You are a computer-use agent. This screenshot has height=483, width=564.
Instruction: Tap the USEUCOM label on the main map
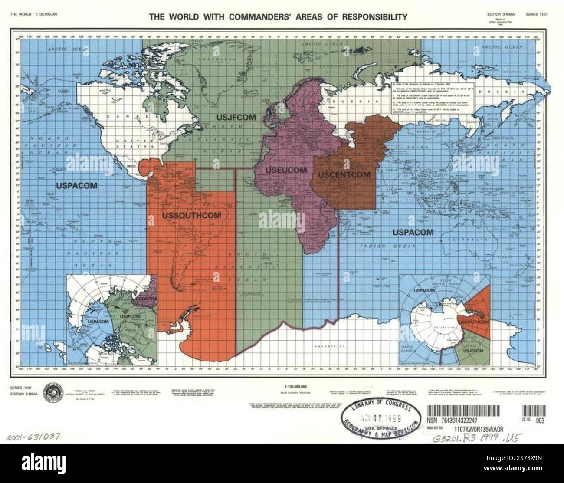coord(280,170)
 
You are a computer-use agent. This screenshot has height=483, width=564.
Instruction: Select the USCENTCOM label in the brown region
coord(344,175)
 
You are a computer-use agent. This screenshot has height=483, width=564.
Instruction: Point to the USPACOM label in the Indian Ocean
coord(413,232)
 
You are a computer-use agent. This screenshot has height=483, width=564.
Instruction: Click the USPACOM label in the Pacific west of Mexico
coord(76,185)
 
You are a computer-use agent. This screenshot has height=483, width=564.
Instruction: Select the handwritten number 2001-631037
coord(32,436)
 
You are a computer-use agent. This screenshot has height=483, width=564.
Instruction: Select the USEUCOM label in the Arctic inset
coord(145,299)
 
